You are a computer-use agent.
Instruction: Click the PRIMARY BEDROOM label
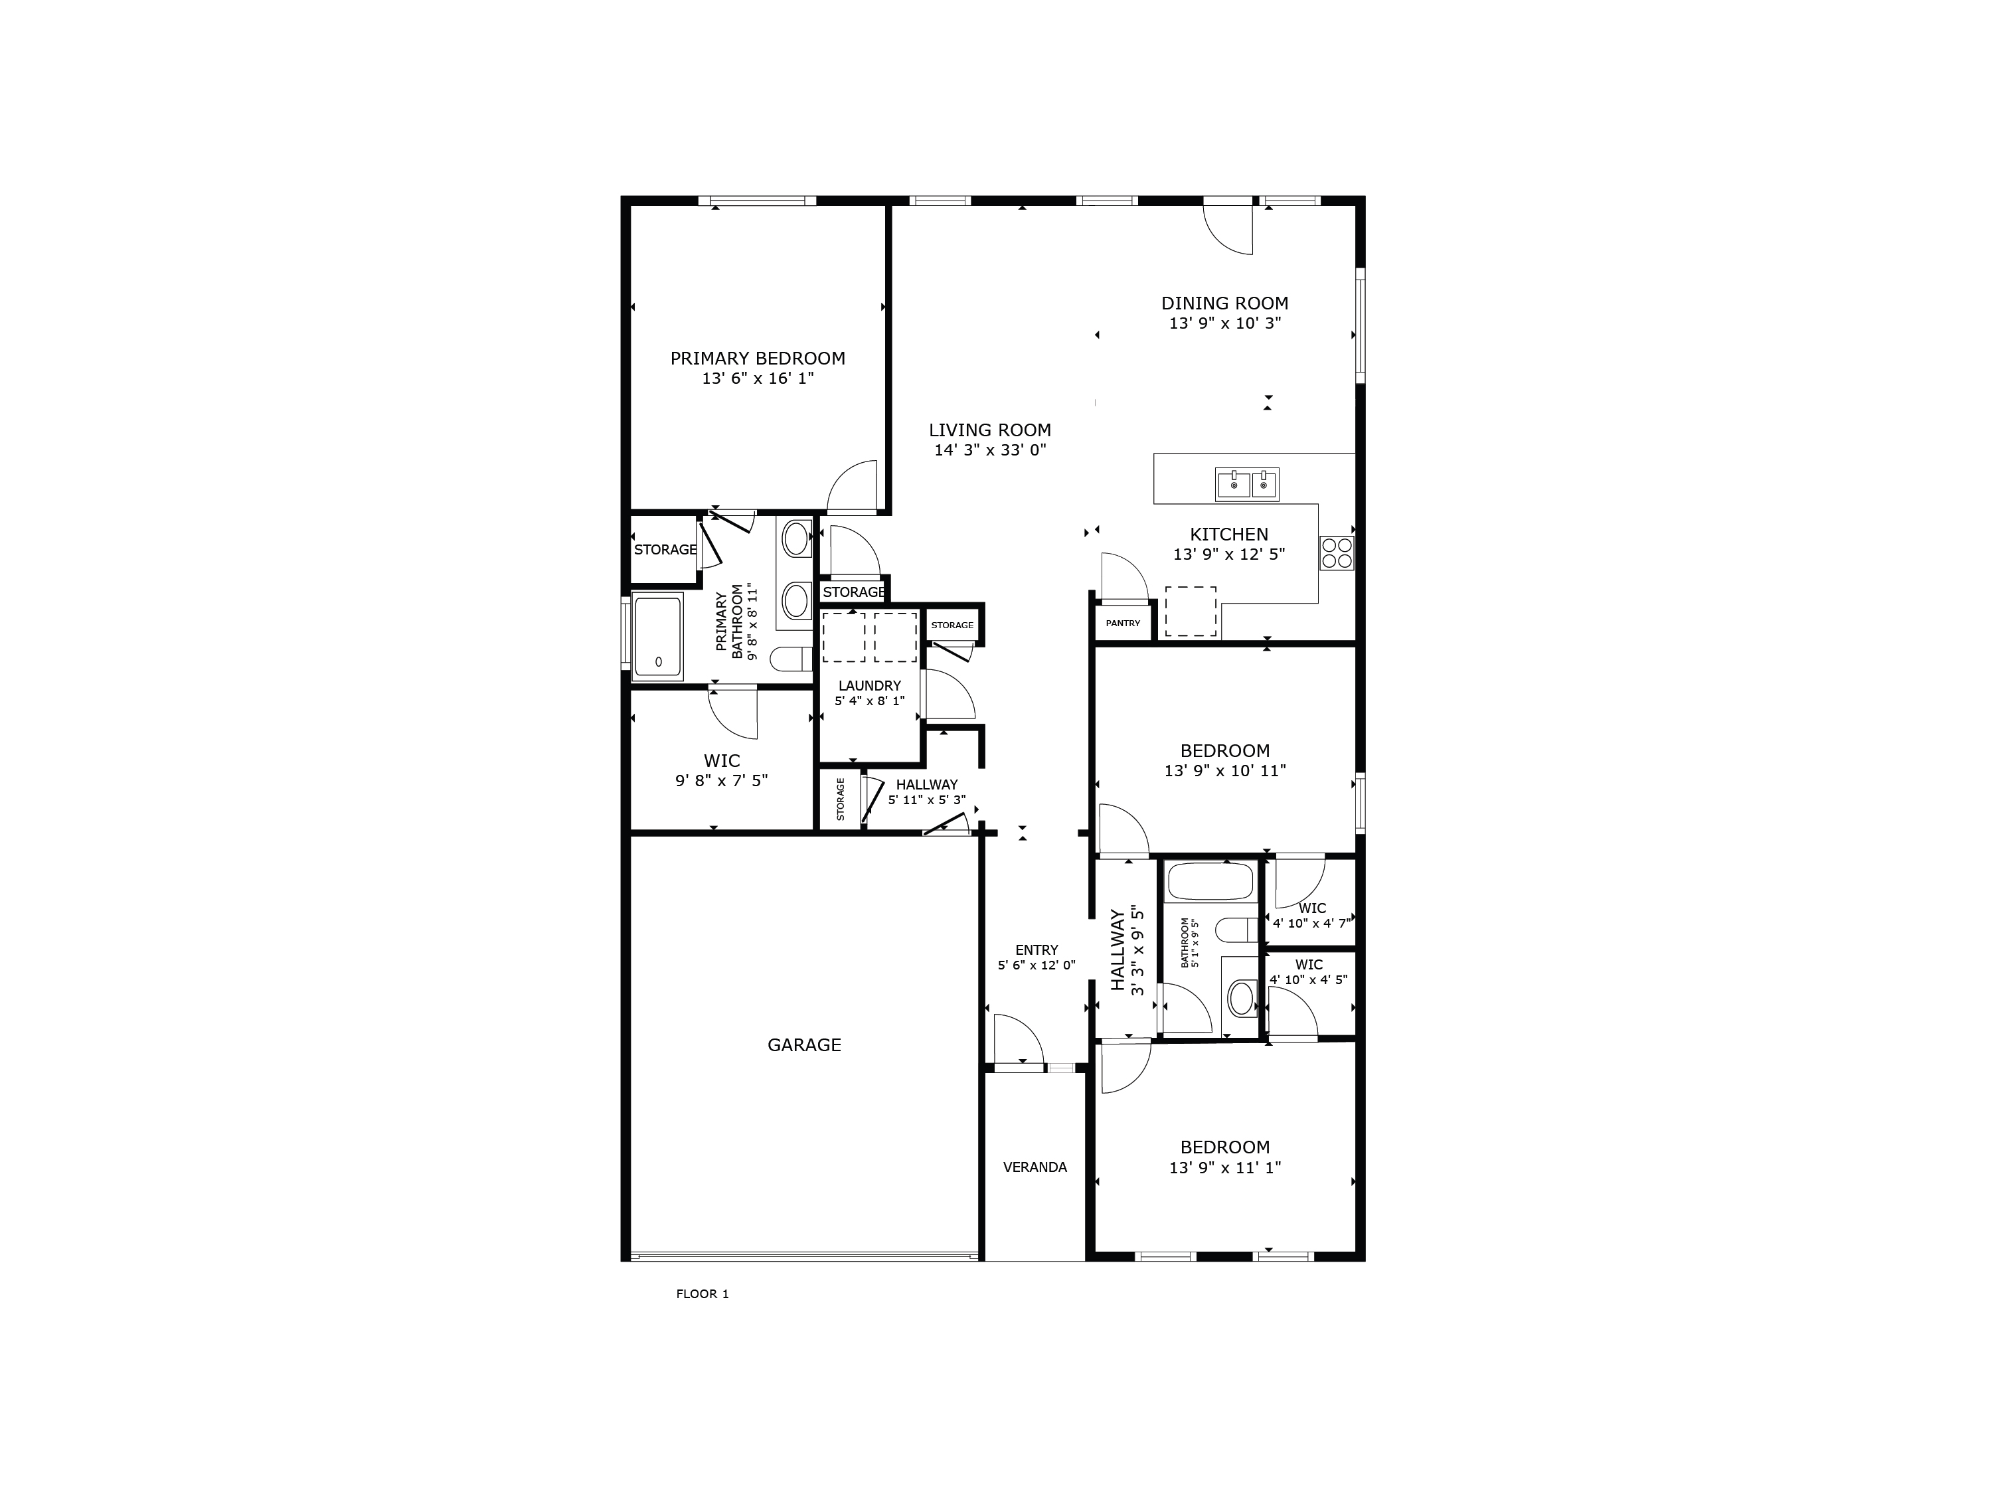point(758,359)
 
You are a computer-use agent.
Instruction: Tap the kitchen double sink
point(1246,485)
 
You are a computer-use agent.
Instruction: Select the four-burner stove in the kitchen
point(1337,553)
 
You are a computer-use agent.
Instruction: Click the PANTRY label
point(1122,623)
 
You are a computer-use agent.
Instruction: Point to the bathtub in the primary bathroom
point(657,636)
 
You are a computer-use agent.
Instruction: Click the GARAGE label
point(804,1044)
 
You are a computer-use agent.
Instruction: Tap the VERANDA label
point(1035,1167)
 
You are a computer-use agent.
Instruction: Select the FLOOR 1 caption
point(703,1294)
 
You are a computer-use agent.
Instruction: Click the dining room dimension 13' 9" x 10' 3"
point(1224,323)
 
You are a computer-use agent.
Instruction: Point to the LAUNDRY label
point(869,685)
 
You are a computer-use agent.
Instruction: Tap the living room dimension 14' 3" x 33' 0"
point(990,450)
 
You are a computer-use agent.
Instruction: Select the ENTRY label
point(1037,950)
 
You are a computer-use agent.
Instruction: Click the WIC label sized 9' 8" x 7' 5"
point(721,761)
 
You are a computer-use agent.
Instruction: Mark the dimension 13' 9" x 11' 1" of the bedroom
point(1224,1168)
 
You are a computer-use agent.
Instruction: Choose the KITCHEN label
point(1228,534)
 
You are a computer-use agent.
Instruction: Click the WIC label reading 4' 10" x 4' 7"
point(1312,908)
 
